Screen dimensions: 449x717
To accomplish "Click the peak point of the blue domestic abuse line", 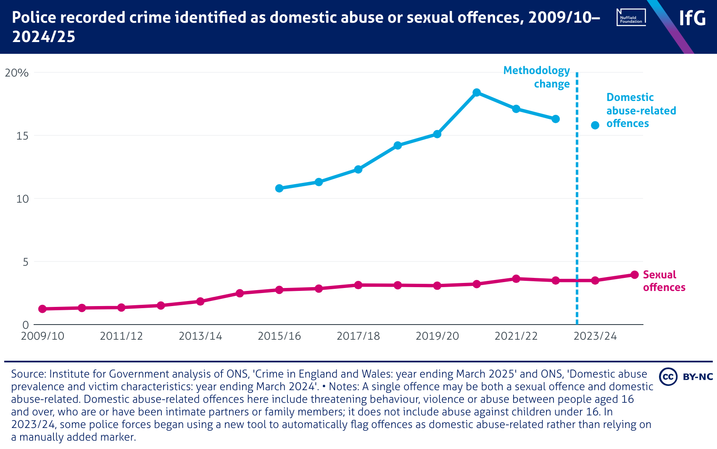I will [476, 92].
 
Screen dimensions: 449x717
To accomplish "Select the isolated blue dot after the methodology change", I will [595, 125].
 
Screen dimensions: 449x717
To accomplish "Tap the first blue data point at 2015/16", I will [279, 188].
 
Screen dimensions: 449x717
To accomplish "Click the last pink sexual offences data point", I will [635, 275].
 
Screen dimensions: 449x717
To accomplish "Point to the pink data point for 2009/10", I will [42, 309].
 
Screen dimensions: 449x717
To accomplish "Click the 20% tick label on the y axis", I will [16, 73].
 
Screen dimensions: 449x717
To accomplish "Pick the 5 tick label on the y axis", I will [25, 262].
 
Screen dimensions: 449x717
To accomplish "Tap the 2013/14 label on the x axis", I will [200, 336].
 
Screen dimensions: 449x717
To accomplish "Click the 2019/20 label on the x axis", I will [437, 336].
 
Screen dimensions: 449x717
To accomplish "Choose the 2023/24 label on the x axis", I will [595, 336].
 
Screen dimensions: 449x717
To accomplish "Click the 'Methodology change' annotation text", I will [537, 77].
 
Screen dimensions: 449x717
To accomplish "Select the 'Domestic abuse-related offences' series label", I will [641, 111].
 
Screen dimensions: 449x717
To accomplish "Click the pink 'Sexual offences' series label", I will [664, 281].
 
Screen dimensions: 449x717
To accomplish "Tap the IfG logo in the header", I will [692, 18].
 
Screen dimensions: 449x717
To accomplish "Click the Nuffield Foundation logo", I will [631, 18].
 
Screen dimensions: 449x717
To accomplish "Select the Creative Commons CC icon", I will [668, 376].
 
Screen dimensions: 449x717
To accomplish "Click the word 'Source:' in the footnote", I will [29, 374].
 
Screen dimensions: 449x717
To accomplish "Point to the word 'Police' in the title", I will [32, 18].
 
